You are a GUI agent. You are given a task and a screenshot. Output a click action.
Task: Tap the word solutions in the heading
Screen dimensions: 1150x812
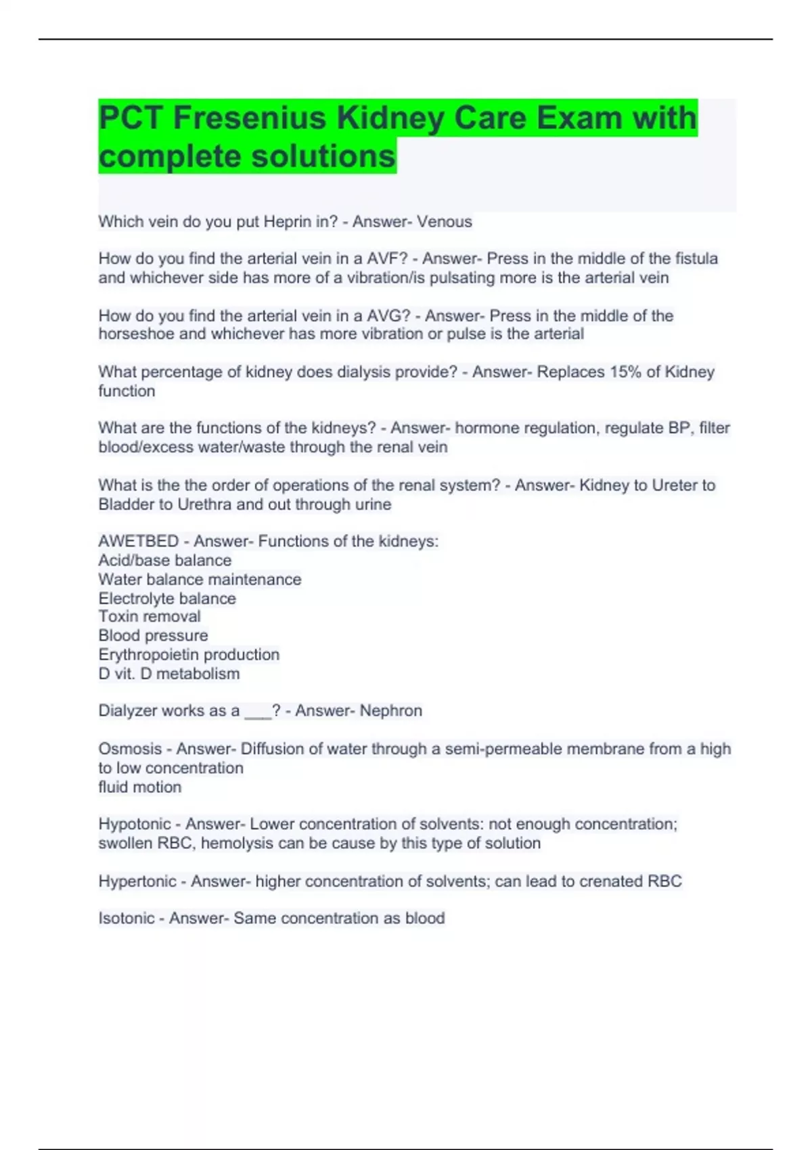point(323,156)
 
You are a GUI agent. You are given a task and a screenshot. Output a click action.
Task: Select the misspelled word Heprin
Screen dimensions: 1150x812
point(288,222)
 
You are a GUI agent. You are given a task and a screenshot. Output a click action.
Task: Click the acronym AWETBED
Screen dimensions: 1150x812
point(138,541)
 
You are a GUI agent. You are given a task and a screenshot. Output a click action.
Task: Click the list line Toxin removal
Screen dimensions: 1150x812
point(150,616)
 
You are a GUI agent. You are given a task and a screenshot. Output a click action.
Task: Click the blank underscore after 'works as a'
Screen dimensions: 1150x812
point(257,712)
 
